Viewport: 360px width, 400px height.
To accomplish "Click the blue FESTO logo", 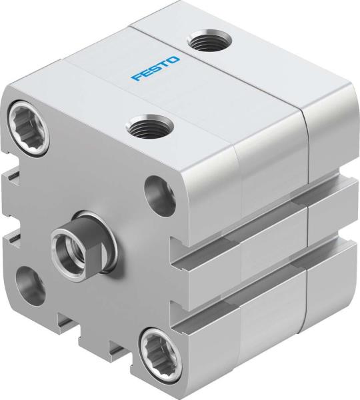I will [x=155, y=69].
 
